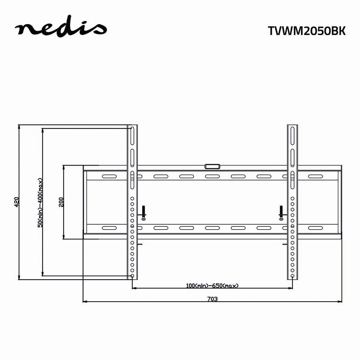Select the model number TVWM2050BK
click(306, 31)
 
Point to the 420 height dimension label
click(17, 202)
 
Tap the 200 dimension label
click(61, 202)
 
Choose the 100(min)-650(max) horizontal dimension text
click(212, 286)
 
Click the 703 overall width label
click(212, 299)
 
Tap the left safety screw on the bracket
click(144, 213)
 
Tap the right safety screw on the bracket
click(281, 213)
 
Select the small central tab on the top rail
click(212, 166)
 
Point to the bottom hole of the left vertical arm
click(132, 276)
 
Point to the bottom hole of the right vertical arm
click(292, 276)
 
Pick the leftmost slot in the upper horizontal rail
click(109, 176)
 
